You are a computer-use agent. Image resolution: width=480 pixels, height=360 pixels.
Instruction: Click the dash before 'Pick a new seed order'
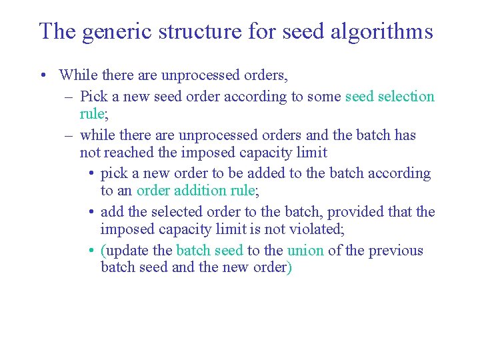pos(69,97)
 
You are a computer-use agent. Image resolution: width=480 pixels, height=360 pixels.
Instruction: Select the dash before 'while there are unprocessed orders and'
pos(69,135)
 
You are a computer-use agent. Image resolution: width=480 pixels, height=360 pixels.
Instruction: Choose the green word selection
pos(406,96)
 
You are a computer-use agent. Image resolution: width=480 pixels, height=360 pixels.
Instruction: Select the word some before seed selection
pos(325,96)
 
